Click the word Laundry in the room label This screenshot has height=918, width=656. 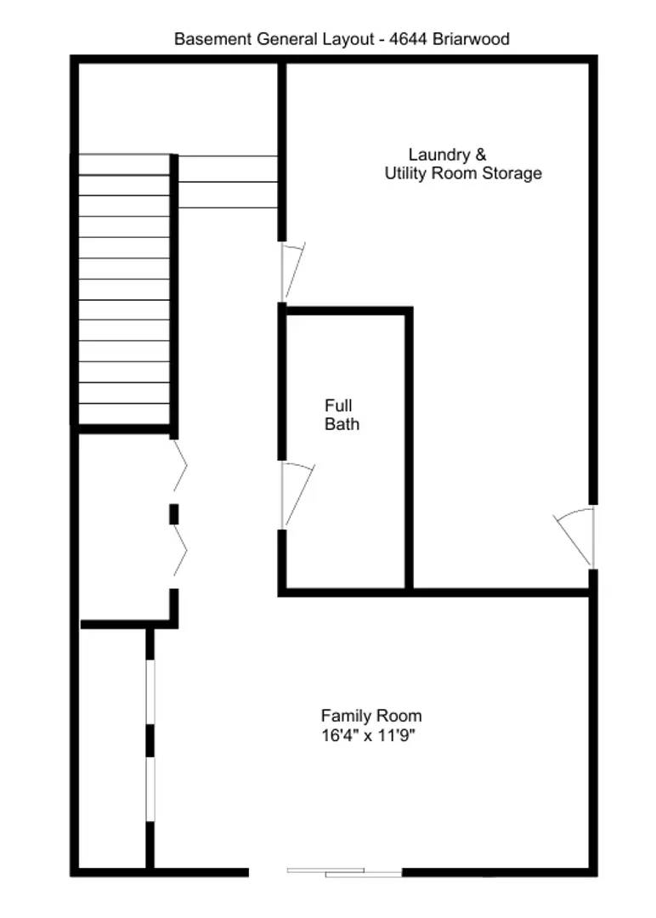(438, 155)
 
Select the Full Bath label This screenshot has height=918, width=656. (341, 415)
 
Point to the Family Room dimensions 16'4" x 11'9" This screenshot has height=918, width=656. (367, 734)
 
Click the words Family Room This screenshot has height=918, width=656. (370, 716)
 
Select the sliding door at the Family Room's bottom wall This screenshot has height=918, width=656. (344, 871)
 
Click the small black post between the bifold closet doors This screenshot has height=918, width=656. (173, 514)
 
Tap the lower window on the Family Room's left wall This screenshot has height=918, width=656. (150, 790)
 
